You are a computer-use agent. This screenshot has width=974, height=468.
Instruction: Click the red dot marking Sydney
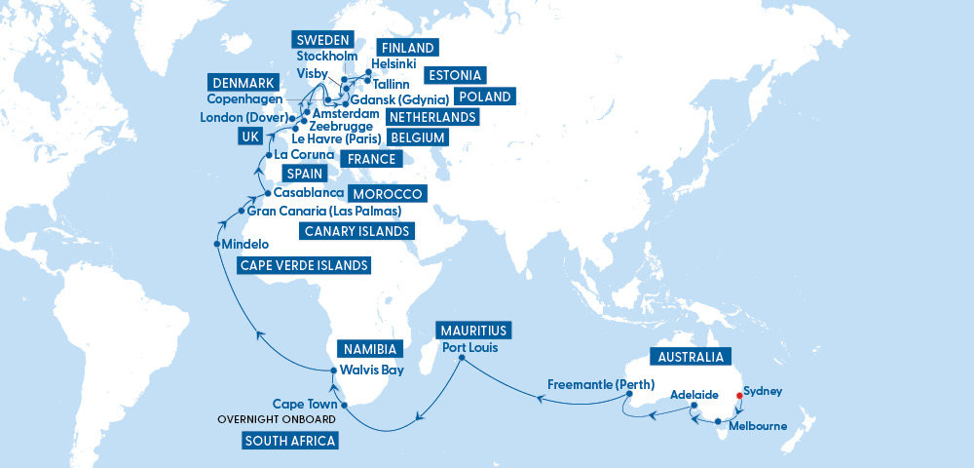(739, 396)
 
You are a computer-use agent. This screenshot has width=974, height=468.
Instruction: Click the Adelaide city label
(693, 396)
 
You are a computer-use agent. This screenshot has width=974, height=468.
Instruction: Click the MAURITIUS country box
(473, 330)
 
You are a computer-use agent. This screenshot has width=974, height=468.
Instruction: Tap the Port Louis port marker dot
(461, 358)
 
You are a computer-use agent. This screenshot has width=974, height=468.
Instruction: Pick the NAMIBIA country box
(370, 348)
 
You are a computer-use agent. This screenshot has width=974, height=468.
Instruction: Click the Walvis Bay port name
(370, 370)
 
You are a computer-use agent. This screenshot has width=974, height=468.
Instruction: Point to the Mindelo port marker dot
(216, 244)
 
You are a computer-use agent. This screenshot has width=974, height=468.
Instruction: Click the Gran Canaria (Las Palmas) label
(324, 211)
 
